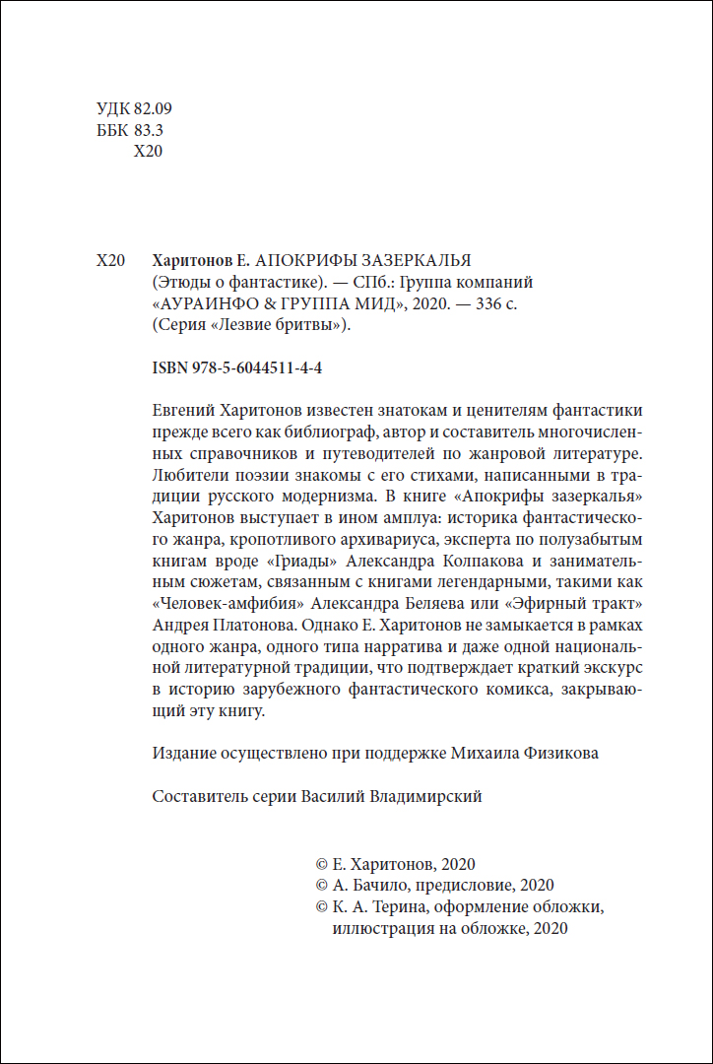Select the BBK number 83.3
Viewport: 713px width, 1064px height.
coord(148,130)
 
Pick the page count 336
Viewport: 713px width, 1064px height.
coord(486,304)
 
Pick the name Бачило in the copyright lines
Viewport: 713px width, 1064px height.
coord(373,885)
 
